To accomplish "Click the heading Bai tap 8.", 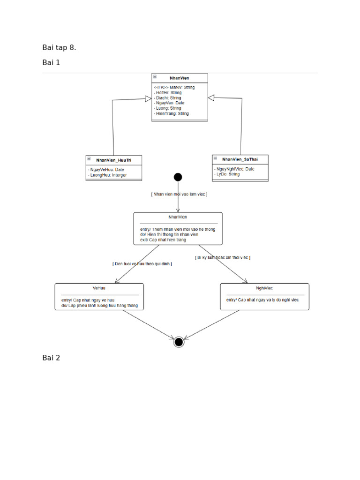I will pyautogui.click(x=59, y=47).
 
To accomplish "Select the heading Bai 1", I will pyautogui.click(x=51, y=62).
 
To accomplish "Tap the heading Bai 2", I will pyautogui.click(x=51, y=358).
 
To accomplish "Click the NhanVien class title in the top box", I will pyautogui.click(x=180, y=78).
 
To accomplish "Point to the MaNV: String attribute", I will pyautogui.click(x=174, y=87).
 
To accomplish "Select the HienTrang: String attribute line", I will pyautogui.click(x=171, y=113).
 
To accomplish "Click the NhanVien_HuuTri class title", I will pyautogui.click(x=114, y=160).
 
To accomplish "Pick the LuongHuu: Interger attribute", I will pyautogui.click(x=107, y=175).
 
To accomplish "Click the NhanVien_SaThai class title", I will pyautogui.click(x=240, y=159).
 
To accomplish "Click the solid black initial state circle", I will pyautogui.click(x=178, y=177).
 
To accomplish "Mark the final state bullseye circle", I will pyautogui.click(x=179, y=342).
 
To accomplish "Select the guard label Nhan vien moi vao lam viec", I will pyautogui.click(x=179, y=194).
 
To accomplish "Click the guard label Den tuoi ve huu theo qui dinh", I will pyautogui.click(x=142, y=264).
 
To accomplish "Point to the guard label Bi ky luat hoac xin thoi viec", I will pyautogui.click(x=223, y=258).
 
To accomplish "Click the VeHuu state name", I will pyautogui.click(x=99, y=288).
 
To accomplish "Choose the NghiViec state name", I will pyautogui.click(x=264, y=288).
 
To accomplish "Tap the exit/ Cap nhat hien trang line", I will pyautogui.click(x=163, y=240).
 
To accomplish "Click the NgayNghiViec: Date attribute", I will pyautogui.click(x=234, y=169).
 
